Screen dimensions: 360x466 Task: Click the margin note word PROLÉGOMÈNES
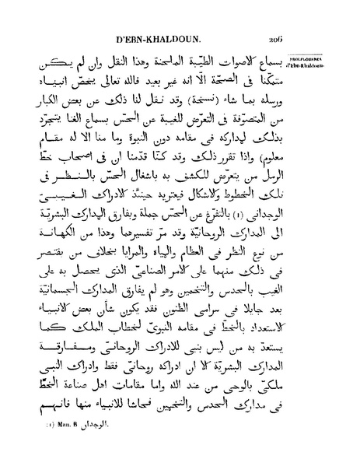click(x=330, y=57)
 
